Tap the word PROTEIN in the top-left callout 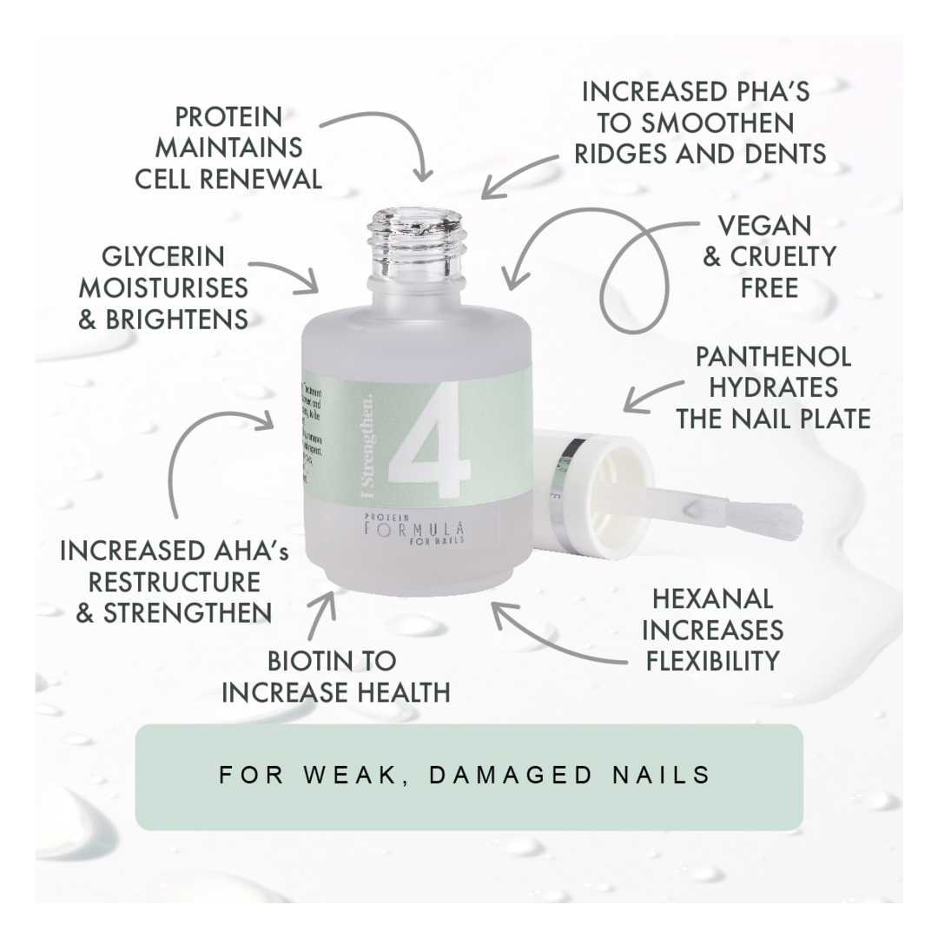click(228, 116)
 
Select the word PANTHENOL click(774, 356)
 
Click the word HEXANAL click(712, 598)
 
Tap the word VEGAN click(764, 226)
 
